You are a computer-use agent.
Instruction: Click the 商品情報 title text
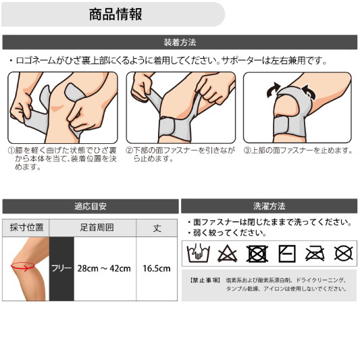pos(115,14)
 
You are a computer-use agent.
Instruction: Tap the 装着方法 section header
pos(180,43)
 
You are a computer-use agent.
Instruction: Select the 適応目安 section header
pos(91,206)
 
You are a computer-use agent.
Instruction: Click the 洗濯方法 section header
pos(269,206)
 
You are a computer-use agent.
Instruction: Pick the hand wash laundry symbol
pos(198,253)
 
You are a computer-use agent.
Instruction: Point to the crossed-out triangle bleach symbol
pos(227,254)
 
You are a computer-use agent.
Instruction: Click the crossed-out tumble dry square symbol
pos(257,254)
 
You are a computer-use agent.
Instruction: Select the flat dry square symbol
pos(287,254)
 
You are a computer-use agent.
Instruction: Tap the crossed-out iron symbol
pos(315,254)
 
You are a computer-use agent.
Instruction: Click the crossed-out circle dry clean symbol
pos(344,254)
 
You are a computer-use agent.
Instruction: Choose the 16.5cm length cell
pos(157,268)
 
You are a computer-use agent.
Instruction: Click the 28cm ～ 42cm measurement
pos(104,268)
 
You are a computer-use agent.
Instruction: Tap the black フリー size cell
pos(61,269)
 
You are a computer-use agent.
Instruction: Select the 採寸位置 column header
pos(26,228)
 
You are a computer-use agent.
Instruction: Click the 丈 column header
pos(157,228)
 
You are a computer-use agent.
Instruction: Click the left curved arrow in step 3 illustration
pos(274,90)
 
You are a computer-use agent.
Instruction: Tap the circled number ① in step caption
pos(11,151)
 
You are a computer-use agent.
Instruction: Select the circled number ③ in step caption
pos(247,151)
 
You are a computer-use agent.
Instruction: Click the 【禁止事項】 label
pos(205,280)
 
